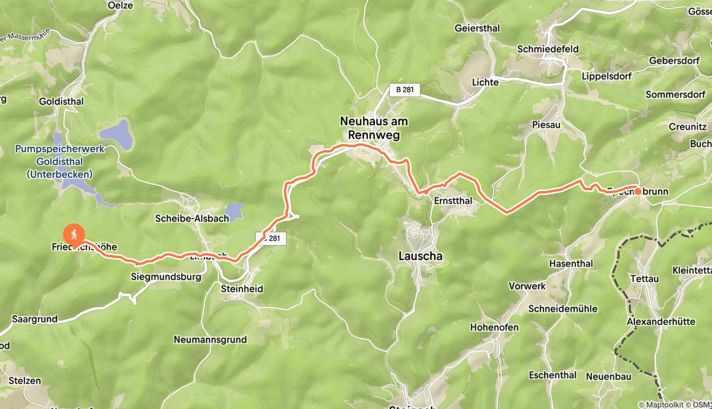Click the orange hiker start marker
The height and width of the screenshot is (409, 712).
click(x=74, y=235)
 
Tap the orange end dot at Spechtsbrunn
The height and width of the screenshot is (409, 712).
click(x=638, y=192)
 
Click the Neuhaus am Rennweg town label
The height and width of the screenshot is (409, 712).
click(x=374, y=128)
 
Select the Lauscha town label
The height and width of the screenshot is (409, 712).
click(x=420, y=256)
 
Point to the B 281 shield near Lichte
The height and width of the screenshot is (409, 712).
click(x=404, y=90)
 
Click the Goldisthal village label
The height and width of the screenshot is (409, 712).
click(x=61, y=101)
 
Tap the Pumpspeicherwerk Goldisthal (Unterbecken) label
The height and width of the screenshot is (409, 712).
click(x=60, y=162)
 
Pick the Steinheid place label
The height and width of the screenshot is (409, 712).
click(x=242, y=289)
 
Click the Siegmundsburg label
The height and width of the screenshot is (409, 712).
click(x=166, y=276)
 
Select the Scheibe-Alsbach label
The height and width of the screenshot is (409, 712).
click(x=192, y=218)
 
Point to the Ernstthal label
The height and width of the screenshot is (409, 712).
click(x=453, y=201)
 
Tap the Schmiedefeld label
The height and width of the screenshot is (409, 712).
click(x=548, y=49)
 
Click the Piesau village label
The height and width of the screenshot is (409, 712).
click(x=546, y=125)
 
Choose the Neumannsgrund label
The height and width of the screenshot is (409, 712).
click(x=210, y=339)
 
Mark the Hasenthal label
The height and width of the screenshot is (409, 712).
click(x=571, y=263)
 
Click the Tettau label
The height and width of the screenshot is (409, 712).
click(x=644, y=279)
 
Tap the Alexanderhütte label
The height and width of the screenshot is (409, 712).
click(x=661, y=321)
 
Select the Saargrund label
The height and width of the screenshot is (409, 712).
click(x=35, y=319)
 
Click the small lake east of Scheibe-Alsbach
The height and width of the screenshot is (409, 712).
click(x=234, y=211)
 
